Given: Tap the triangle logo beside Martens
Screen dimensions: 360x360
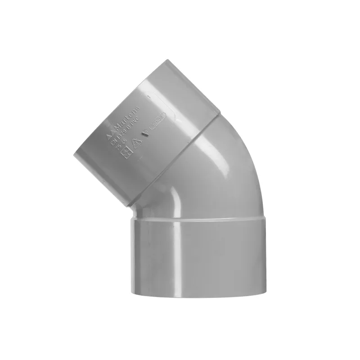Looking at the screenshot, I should [108, 135].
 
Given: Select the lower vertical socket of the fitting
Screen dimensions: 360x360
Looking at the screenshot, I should [198, 256].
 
